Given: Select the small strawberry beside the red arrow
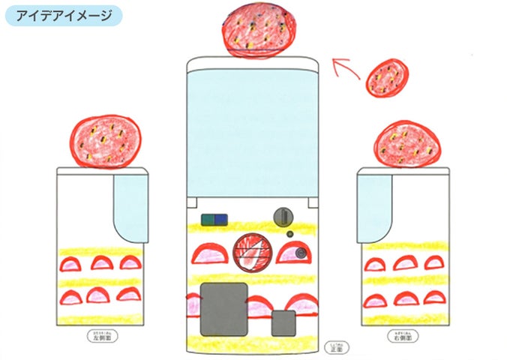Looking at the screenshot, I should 387,77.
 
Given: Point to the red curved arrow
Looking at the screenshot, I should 348,68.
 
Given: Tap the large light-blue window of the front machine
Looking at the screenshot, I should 253,127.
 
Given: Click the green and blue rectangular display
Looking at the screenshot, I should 214,220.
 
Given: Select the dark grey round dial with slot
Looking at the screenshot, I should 283,216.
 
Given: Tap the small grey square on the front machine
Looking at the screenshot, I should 283,322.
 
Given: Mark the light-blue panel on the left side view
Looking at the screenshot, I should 130,206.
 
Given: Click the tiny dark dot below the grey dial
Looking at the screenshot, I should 289,233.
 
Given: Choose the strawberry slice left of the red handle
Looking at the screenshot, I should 208,256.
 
